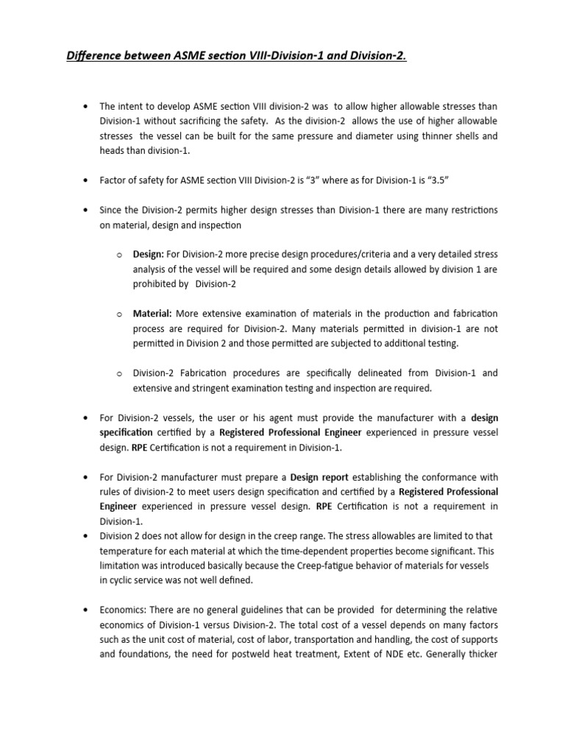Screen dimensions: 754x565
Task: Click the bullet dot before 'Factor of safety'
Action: (88, 180)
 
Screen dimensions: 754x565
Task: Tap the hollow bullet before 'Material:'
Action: (118, 314)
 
